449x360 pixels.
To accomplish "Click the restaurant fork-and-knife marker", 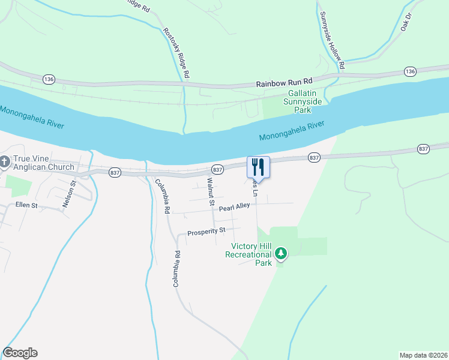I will point(259,167).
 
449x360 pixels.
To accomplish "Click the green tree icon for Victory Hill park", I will point(280,254).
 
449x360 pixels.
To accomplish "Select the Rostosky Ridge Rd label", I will point(177,53).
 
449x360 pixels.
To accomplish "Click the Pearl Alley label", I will point(234,207).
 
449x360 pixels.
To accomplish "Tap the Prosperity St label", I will point(206,231).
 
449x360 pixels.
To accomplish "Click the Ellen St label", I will point(26,205).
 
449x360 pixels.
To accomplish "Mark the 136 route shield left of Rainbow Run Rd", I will point(49,79).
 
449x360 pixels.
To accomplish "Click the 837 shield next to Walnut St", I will point(218,170).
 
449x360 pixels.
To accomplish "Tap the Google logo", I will point(20,353).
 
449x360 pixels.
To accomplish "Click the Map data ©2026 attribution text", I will point(423,355).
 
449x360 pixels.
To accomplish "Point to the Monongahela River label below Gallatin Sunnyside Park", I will point(292,131).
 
